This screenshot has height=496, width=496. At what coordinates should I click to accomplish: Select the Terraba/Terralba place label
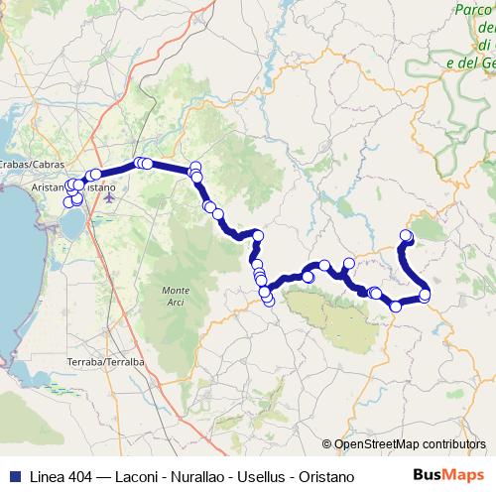104,362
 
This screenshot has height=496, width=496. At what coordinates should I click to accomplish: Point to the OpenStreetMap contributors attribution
410,443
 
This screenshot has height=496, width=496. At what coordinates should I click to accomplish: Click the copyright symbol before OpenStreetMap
327,443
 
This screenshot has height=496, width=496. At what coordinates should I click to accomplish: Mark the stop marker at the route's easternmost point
426,295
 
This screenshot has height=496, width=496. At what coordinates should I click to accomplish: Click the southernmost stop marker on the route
396,307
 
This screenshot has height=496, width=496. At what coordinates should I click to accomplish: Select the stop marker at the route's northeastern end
406,235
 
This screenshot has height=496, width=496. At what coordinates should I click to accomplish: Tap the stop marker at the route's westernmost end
68,202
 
